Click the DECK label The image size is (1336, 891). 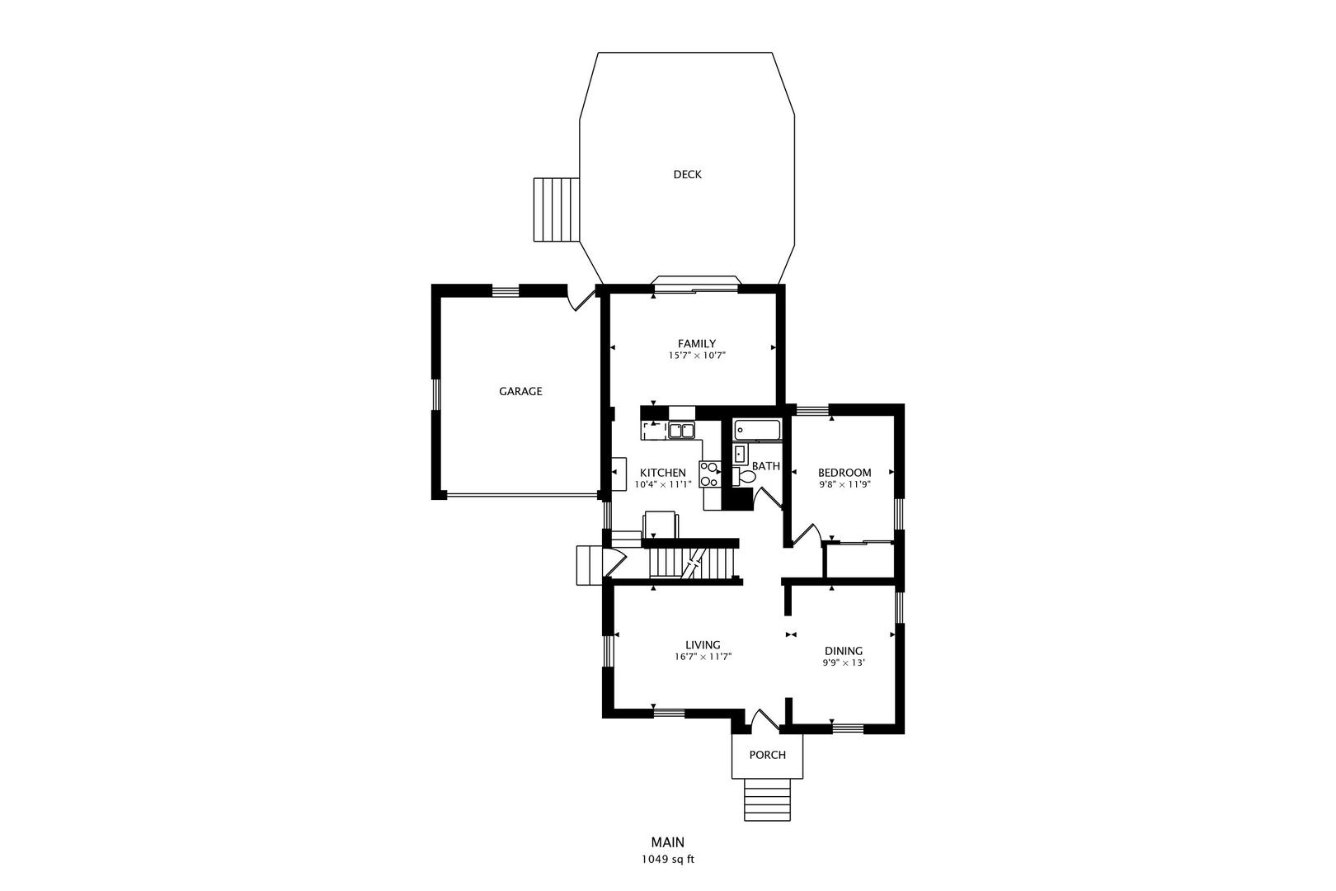pos(687,174)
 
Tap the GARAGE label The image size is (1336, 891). pos(520,391)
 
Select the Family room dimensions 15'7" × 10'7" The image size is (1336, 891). pos(696,356)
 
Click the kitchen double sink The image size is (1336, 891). pos(681,430)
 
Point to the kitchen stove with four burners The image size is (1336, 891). pos(709,474)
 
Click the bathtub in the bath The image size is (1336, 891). pos(757,430)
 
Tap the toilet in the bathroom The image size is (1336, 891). pos(745,476)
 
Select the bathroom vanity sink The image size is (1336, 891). pos(740,453)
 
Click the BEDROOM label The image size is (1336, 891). pos(844,473)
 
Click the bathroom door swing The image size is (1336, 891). pos(769,499)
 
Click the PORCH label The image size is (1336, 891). pos(767,755)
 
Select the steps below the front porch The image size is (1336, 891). pos(768,799)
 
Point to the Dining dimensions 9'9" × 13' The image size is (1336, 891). pos(843,662)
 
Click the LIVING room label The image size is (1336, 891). pos(703,645)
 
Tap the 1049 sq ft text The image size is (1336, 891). pos(668,859)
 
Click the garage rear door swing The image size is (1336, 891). pos(583,298)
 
